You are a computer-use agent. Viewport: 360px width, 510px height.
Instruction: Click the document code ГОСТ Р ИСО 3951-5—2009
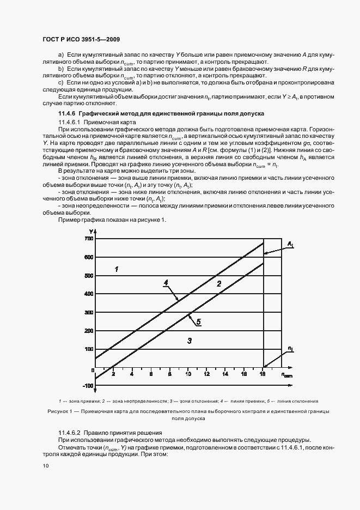pos(81,39)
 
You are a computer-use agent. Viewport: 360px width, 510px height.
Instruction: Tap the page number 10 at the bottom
pos(46,466)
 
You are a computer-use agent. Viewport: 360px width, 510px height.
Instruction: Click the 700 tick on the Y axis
pos(88,239)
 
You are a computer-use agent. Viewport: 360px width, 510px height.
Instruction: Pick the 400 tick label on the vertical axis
pos(88,294)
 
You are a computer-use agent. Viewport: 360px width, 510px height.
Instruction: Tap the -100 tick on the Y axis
pos(87,386)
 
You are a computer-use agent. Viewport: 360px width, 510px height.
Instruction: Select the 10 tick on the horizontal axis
pos(188,375)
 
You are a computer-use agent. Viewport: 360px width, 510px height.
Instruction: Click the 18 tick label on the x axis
pos(263,375)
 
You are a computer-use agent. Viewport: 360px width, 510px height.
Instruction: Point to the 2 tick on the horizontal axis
pos(113,375)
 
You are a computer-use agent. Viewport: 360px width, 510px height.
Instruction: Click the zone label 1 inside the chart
pos(116,269)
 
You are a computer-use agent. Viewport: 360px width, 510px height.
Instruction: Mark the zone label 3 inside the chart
pos(189,341)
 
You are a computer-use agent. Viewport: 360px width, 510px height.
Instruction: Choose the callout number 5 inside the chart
pos(199,322)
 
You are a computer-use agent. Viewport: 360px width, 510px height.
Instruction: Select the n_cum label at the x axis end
pos(287,375)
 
